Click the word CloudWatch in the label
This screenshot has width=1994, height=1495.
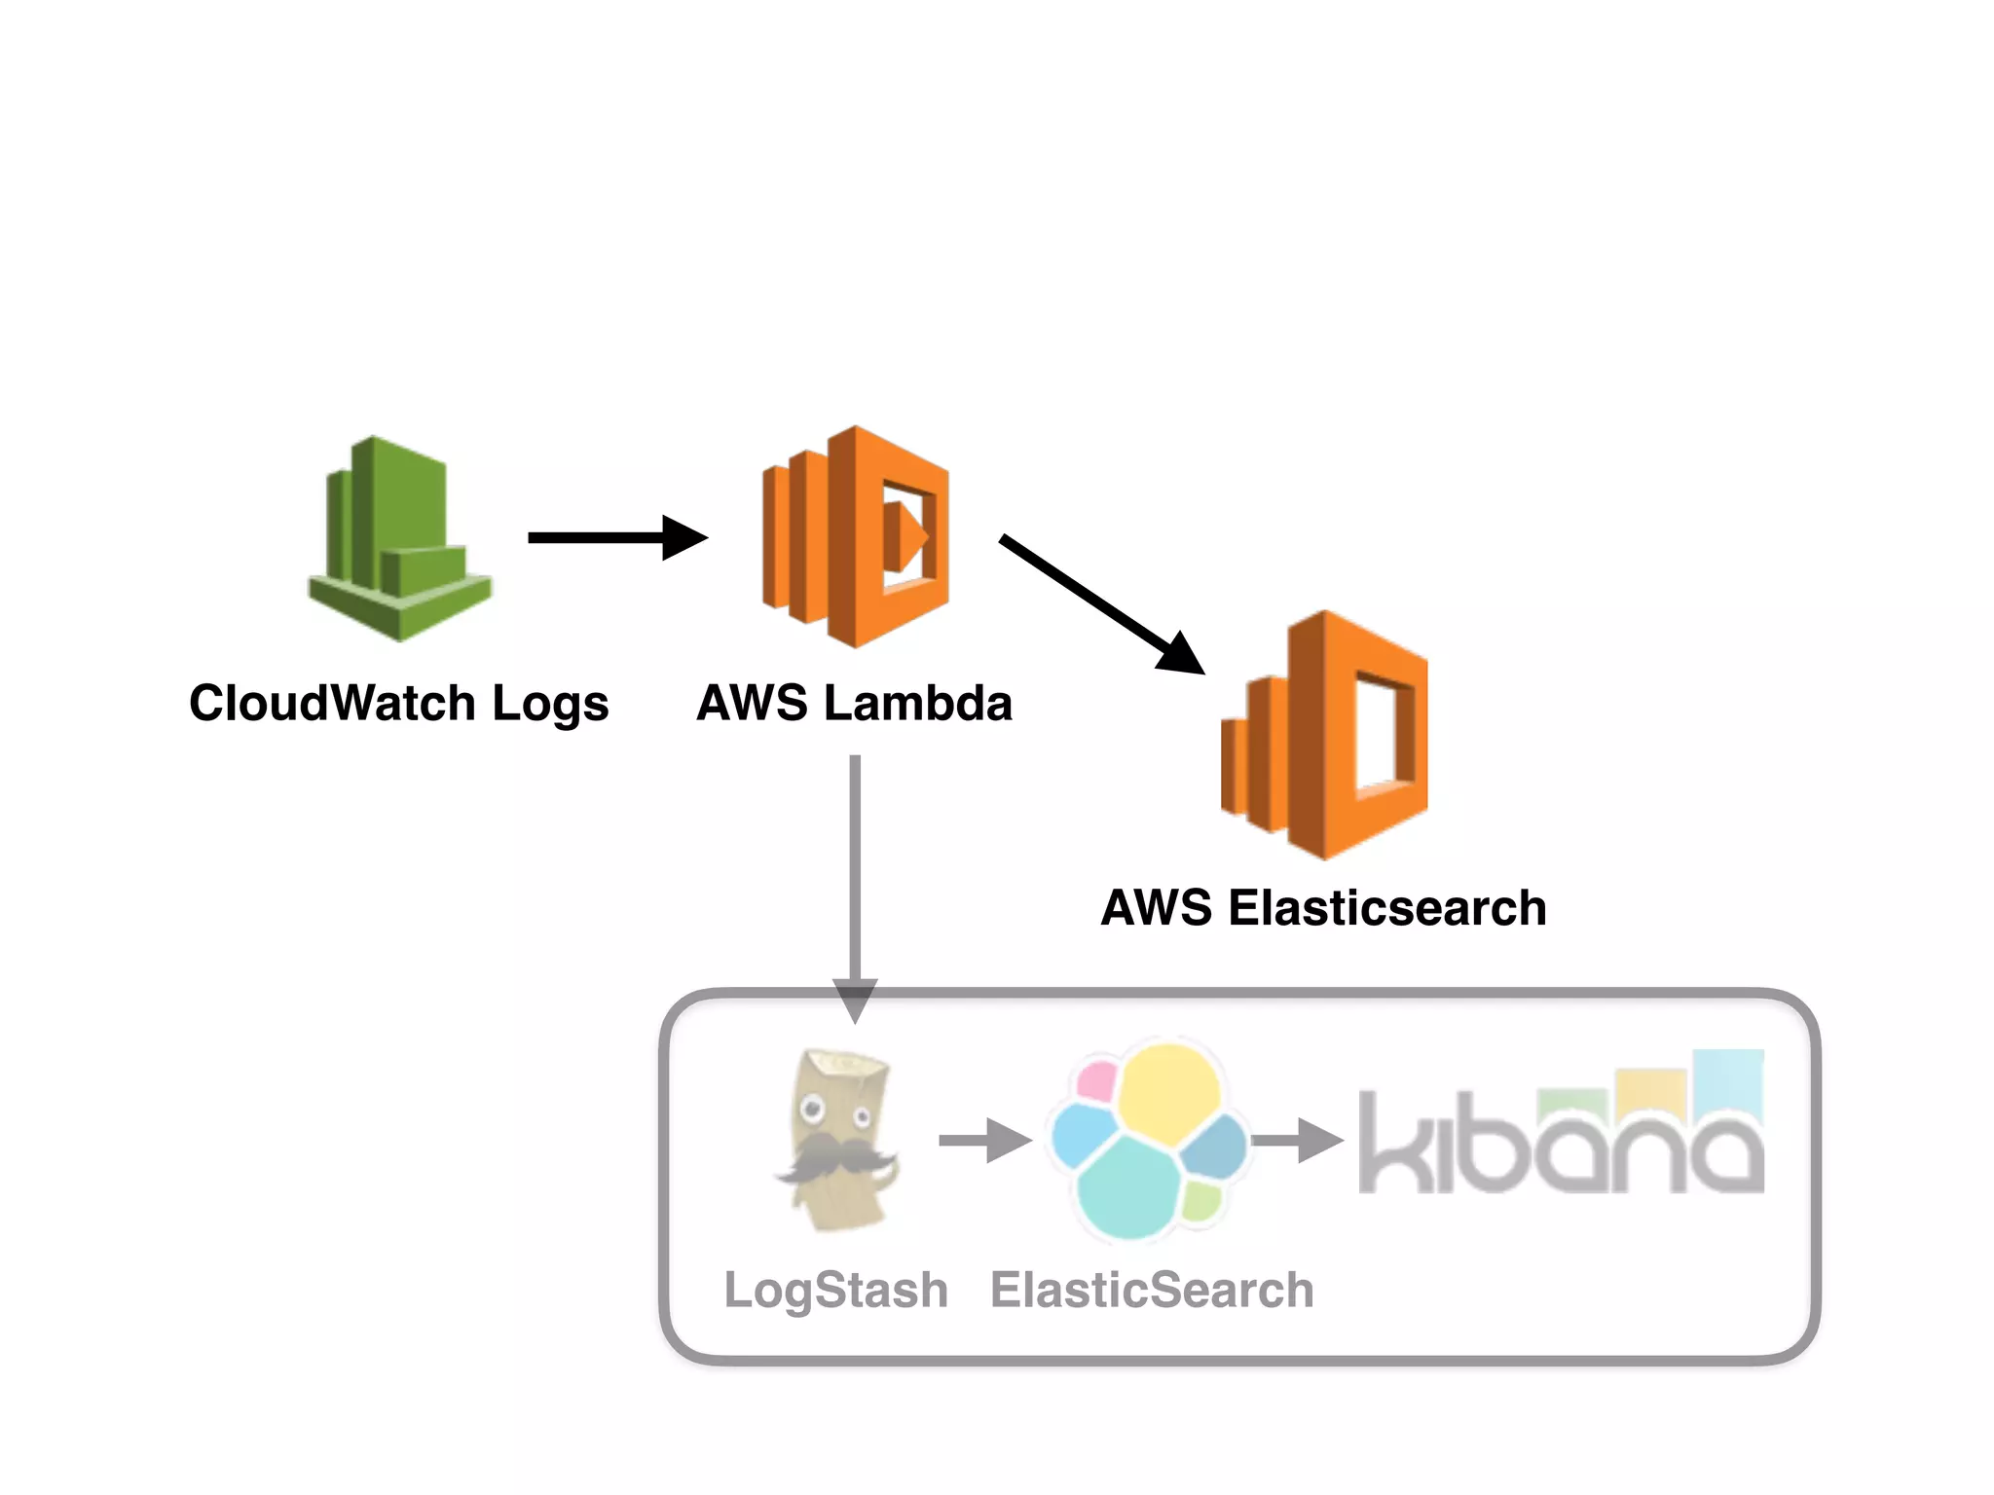click(x=332, y=703)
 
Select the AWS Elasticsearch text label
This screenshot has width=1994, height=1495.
click(x=1323, y=907)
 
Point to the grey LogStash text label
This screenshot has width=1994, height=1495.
click(x=835, y=1291)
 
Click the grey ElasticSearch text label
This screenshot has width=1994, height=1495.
click(x=1152, y=1291)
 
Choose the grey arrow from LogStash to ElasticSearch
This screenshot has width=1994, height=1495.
click(x=983, y=1140)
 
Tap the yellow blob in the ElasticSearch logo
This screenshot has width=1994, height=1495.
click(x=1168, y=1090)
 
